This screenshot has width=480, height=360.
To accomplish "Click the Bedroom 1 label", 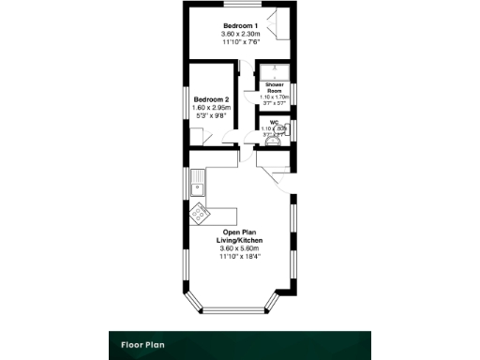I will click(x=240, y=25).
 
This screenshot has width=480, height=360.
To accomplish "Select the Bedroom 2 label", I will click(x=210, y=99).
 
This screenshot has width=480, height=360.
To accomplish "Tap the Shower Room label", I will click(x=275, y=87).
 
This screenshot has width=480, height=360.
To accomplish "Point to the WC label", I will click(x=275, y=121).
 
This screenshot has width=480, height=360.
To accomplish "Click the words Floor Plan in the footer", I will click(x=142, y=344).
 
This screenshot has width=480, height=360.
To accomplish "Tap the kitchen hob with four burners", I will click(x=200, y=215).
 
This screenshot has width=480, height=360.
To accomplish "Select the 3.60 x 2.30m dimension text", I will click(x=240, y=34).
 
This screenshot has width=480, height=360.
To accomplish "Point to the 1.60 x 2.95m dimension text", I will click(x=210, y=108).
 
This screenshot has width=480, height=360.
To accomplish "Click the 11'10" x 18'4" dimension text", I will click(x=242, y=256).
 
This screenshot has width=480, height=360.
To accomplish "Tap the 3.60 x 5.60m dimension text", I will click(x=242, y=248).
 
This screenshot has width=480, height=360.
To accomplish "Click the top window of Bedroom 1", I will click(x=240, y=6).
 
